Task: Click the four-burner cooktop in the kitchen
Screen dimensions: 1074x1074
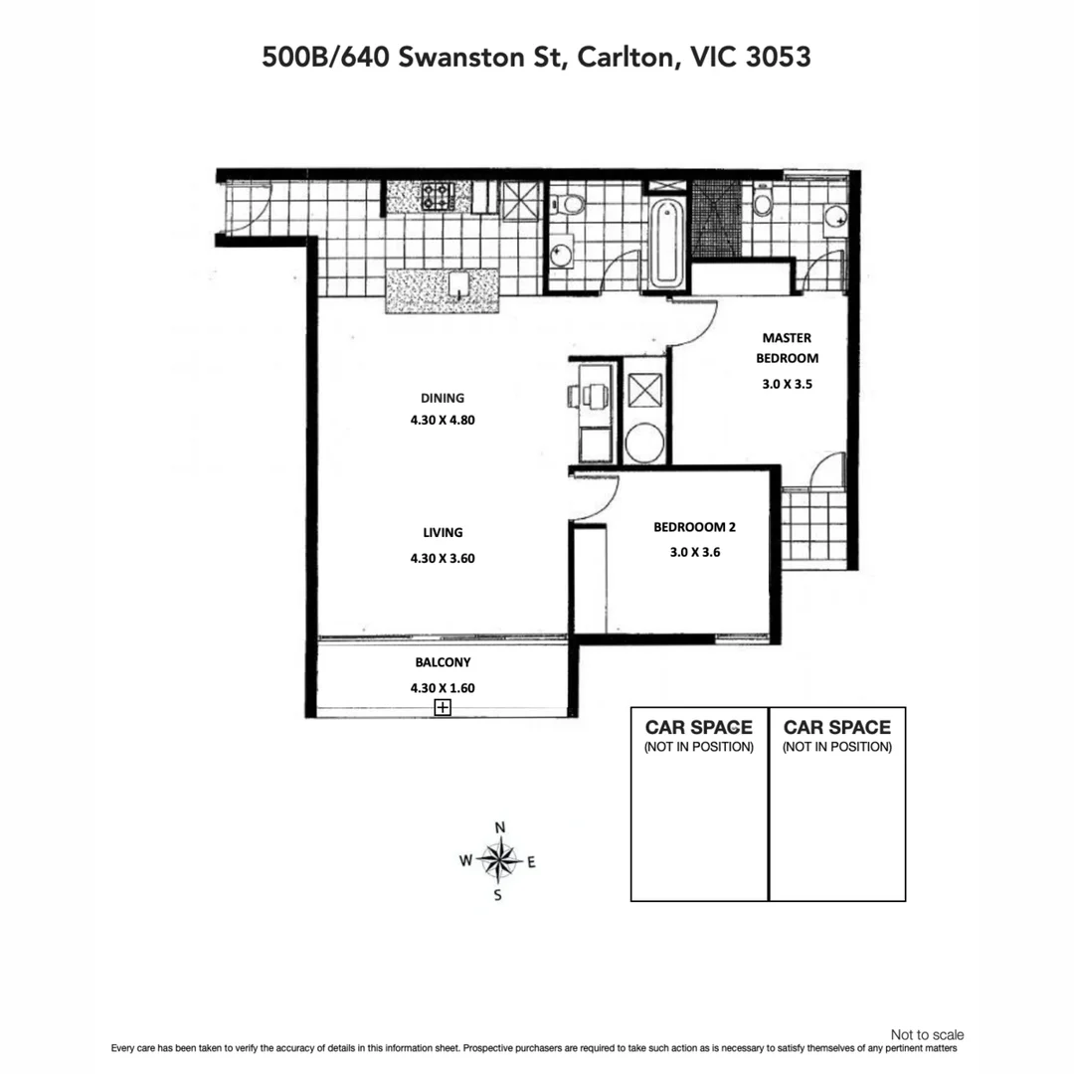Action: click(437, 195)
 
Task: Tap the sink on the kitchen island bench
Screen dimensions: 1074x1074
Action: click(457, 284)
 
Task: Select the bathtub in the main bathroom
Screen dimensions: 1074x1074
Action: click(665, 242)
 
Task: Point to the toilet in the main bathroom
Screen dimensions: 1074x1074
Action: click(571, 204)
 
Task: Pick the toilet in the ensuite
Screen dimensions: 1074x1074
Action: click(763, 202)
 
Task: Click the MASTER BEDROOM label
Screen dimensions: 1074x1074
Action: click(787, 348)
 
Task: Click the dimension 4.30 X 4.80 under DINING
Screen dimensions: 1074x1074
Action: click(443, 420)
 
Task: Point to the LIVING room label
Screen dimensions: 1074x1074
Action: click(443, 533)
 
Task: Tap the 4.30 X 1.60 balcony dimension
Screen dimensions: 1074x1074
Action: click(443, 686)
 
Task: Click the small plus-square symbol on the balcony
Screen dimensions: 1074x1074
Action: click(443, 708)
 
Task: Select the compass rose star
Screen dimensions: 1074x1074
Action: click(499, 860)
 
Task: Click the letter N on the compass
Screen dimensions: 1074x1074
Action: click(500, 827)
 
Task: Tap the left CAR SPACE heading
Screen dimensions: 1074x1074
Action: click(698, 727)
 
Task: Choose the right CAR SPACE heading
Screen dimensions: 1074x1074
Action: click(836, 727)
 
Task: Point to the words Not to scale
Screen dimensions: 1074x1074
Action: click(927, 1035)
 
